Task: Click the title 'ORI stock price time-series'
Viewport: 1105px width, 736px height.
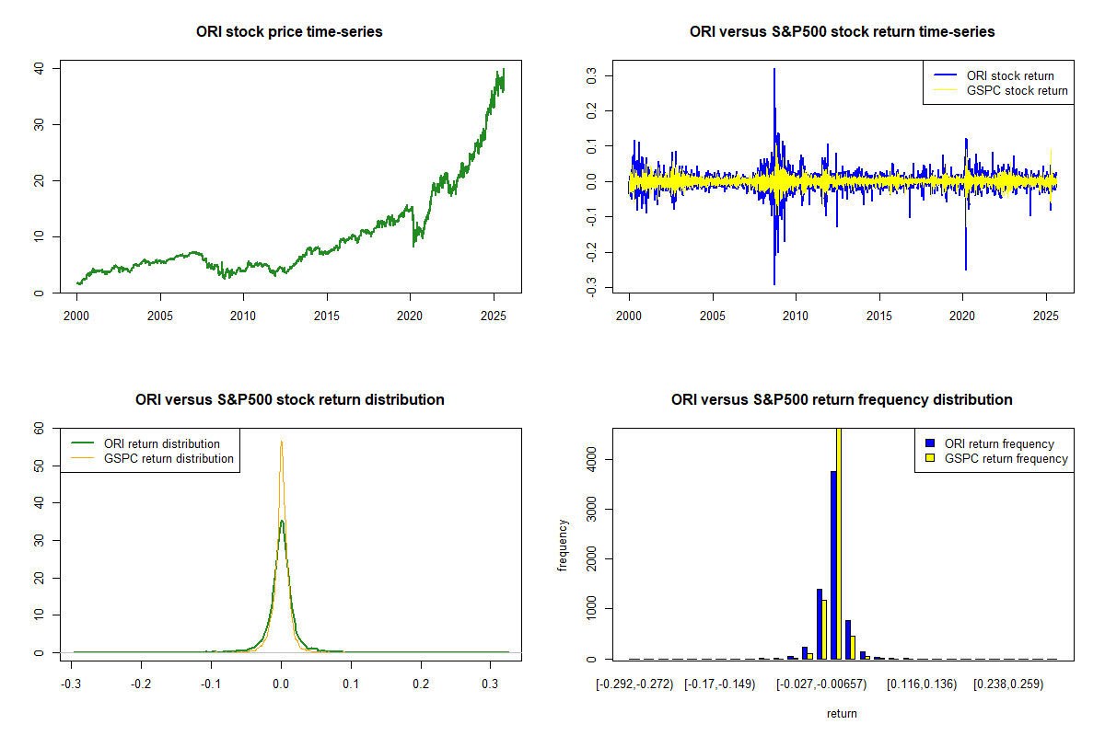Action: [289, 31]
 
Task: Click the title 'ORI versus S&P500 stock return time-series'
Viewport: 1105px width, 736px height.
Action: [842, 31]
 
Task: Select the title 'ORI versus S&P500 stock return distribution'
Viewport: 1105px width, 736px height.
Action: [289, 399]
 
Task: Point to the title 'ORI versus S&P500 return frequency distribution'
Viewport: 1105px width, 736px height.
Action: [842, 399]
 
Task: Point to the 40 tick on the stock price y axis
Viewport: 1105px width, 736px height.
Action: [39, 68]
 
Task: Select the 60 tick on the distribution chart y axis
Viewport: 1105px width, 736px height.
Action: [39, 428]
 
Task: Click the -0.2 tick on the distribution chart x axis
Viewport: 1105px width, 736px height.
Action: [141, 685]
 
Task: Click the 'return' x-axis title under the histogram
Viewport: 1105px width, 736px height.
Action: [842, 713]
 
